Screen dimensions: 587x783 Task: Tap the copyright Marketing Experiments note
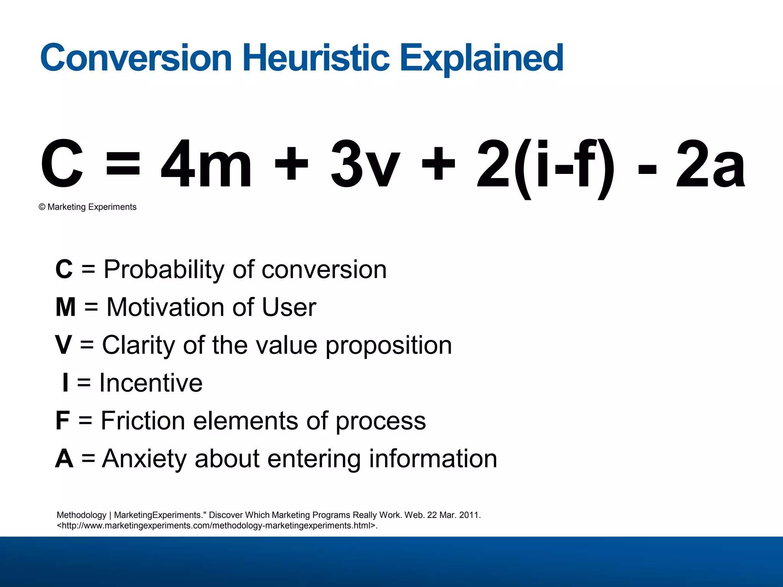[88, 207]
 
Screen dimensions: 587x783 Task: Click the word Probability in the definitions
[164, 270]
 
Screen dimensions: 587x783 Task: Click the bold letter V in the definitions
[63, 345]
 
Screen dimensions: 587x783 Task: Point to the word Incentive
[151, 383]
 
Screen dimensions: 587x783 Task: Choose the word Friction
[143, 420]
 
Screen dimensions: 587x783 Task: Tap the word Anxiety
[144, 459]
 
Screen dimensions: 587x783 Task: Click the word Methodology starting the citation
[81, 515]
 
